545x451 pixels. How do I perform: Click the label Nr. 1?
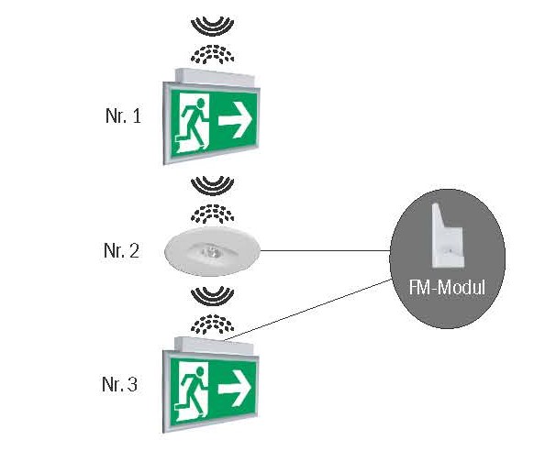[123, 115]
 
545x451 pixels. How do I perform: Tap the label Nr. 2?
[121, 250]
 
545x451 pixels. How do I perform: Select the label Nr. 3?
[119, 384]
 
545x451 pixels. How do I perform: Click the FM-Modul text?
[447, 288]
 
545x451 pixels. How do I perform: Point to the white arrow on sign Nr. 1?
[235, 120]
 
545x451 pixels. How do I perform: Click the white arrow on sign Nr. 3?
[235, 388]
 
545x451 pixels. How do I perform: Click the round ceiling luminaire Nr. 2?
[212, 251]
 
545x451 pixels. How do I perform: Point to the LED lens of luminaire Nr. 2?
[209, 250]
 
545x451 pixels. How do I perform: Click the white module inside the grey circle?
[448, 236]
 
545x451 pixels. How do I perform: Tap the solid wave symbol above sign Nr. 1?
[212, 26]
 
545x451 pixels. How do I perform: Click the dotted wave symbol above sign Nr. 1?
[212, 54]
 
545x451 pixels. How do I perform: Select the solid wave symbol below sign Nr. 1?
[212, 185]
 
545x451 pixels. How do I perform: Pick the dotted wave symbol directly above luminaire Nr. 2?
[212, 214]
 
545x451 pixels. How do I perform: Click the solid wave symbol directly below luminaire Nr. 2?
[212, 296]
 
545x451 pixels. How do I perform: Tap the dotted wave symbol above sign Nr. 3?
[212, 324]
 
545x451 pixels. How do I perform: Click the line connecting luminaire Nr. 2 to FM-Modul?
[326, 250]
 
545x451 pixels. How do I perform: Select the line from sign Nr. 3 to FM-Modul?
[308, 309]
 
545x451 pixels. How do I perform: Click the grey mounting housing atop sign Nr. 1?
[215, 77]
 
